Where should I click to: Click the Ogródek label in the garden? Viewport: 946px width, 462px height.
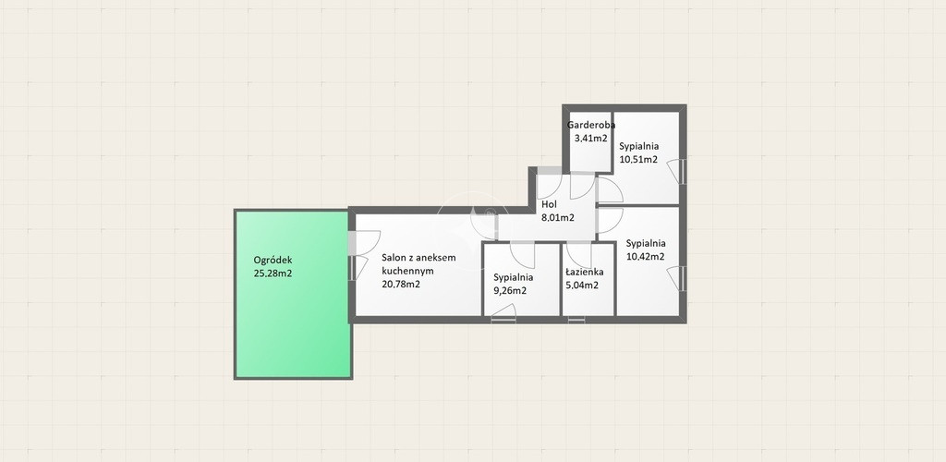tap(273, 260)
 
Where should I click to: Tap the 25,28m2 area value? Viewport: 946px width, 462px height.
tap(273, 274)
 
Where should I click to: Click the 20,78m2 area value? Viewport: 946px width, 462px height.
tap(401, 284)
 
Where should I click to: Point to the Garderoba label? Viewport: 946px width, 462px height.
tap(591, 126)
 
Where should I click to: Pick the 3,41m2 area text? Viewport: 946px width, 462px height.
tap(590, 138)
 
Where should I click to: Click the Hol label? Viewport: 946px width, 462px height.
tap(549, 204)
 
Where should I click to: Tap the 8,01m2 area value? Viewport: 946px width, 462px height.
tap(557, 218)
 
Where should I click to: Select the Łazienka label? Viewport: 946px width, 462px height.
tap(584, 272)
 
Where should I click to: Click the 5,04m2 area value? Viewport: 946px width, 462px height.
tap(582, 286)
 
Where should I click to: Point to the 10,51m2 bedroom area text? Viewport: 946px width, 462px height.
tap(638, 159)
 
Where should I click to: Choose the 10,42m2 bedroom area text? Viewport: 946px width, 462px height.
tap(646, 256)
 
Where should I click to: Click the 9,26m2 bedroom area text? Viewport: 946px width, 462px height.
tap(510, 290)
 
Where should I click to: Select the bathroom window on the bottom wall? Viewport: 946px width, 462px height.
tap(576, 320)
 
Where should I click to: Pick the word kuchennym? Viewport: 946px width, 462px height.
tap(407, 271)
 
